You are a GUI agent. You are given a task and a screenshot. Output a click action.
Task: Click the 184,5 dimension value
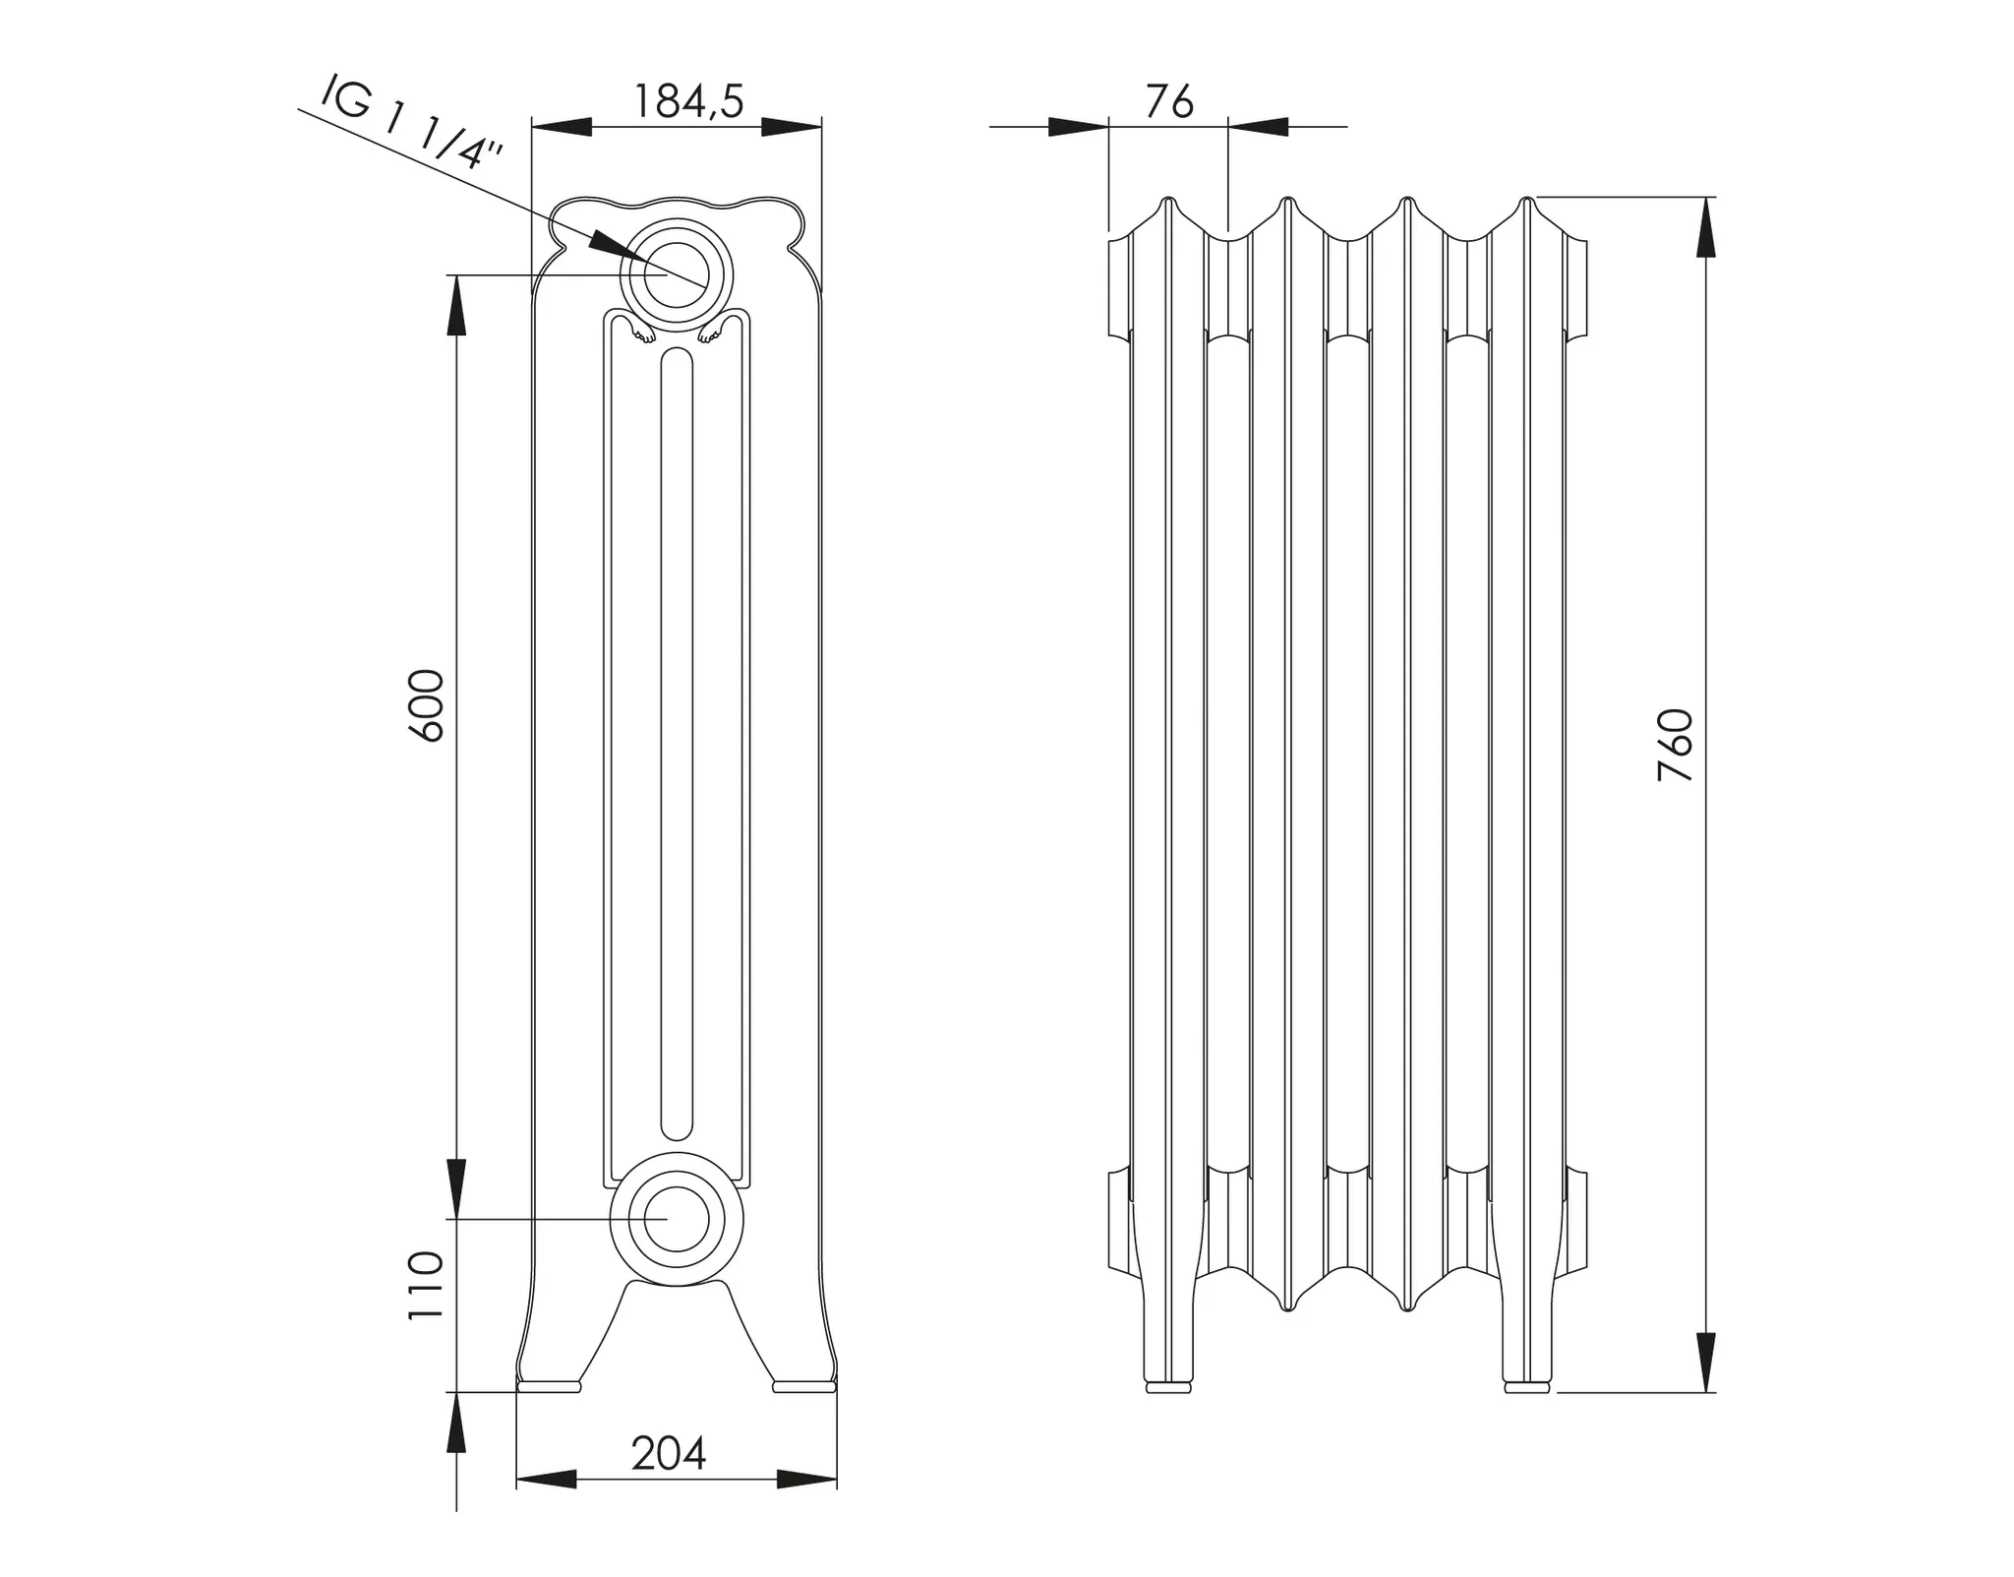pos(686,100)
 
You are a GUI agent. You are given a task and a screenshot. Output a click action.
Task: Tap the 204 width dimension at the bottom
pos(669,1453)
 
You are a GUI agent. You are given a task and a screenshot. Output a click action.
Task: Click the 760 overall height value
pos(1676,745)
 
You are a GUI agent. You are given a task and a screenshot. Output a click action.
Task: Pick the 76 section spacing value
pos(1169,101)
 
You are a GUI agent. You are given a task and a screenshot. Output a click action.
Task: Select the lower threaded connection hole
pos(677,1217)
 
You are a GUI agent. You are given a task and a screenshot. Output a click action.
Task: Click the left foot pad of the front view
pos(549,1386)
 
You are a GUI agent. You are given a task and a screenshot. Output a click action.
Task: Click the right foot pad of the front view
pos(804,1386)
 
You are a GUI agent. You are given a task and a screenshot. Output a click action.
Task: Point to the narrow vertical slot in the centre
pos(677,743)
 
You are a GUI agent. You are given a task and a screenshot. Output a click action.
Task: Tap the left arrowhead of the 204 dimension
pos(546,1479)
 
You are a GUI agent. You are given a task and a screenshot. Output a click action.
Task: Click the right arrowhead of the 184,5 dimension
pos(792,126)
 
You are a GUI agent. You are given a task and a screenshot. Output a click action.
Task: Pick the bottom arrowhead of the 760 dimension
pos(1705,1363)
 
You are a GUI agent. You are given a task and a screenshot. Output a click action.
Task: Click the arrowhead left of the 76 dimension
pos(1078,126)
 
